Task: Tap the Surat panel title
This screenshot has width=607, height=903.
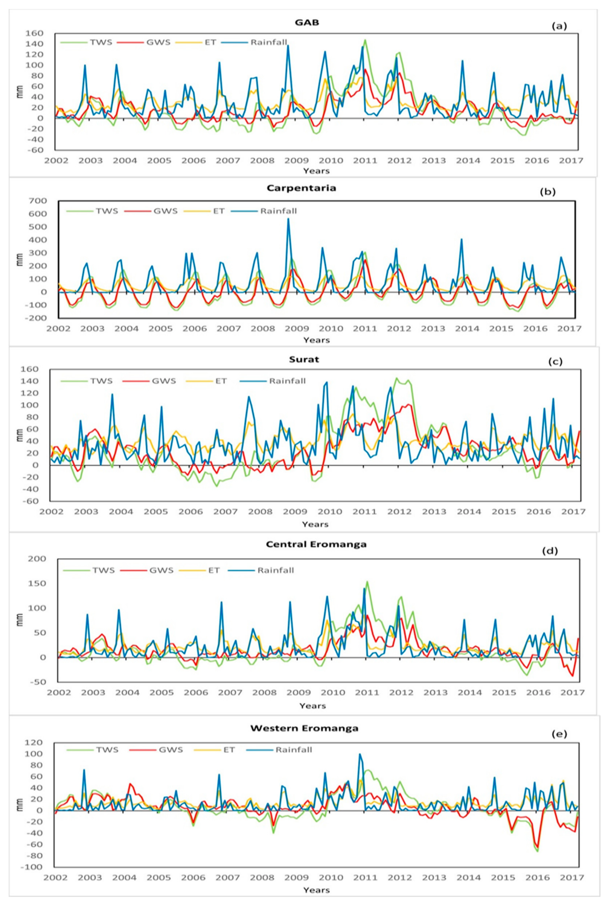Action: coord(304,359)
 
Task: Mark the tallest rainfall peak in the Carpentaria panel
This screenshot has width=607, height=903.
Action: coord(288,219)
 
